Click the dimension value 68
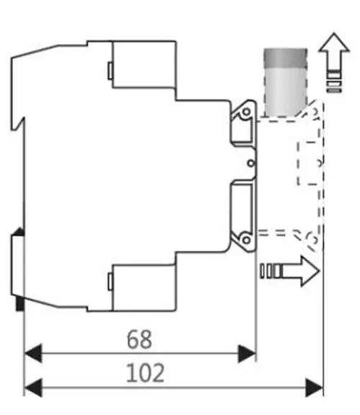[140, 339]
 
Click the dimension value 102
[145, 373]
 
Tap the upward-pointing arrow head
[334, 43]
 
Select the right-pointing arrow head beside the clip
[310, 271]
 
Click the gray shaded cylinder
[285, 83]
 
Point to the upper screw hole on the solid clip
[246, 112]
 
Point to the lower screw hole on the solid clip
[246, 240]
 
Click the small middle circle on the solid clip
[251, 163]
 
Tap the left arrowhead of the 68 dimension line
[33, 353]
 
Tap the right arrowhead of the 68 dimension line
[247, 353]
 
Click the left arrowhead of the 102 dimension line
[33, 388]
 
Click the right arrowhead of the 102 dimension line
[314, 388]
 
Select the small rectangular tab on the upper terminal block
[110, 71]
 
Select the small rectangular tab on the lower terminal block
[110, 282]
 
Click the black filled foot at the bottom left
[20, 303]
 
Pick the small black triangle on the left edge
[19, 231]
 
